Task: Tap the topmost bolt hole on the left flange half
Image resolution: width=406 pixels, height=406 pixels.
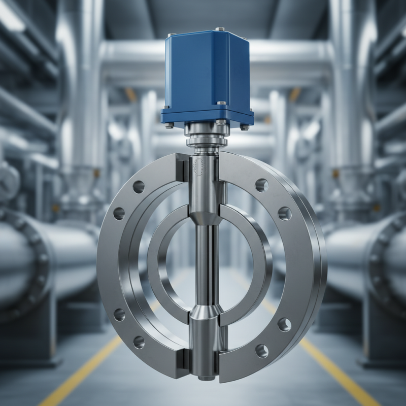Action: tap(139, 187)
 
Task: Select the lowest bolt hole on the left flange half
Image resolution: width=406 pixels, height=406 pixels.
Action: tap(139, 343)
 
